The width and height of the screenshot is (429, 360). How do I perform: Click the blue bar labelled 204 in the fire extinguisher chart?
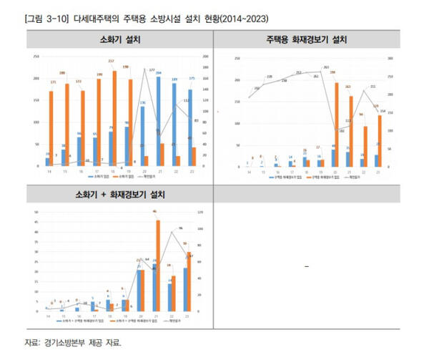[x=158, y=121]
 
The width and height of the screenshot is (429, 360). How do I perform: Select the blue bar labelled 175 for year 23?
[x=189, y=128]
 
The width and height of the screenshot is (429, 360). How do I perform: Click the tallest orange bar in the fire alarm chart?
[x=335, y=125]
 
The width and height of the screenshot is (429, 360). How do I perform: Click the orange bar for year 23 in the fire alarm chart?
[x=380, y=140]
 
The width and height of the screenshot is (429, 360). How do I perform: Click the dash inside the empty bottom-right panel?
[x=307, y=267]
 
